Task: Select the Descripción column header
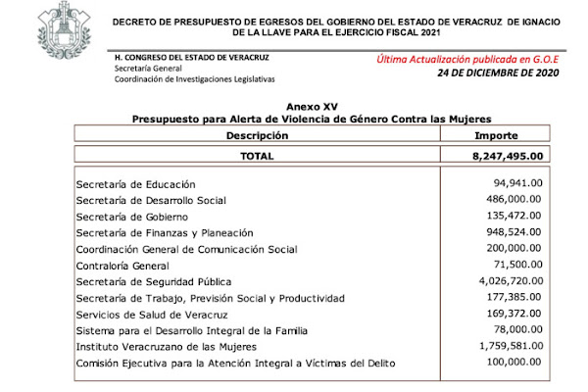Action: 257,134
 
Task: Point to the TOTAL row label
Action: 257,155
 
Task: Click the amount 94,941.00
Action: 520,184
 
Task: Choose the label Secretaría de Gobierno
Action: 131,217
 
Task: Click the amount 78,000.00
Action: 520,330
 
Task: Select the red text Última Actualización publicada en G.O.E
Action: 465,59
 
